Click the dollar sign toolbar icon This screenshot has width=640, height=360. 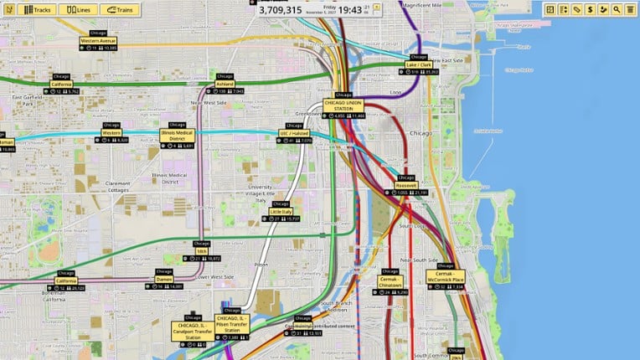(590, 9)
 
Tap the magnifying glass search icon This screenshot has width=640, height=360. (617, 9)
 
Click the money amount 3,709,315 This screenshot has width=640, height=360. (281, 10)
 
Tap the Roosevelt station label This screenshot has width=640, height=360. (405, 185)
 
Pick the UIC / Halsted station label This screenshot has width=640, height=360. (295, 132)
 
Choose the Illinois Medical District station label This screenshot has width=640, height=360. (176, 135)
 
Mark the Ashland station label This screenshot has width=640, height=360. (224, 84)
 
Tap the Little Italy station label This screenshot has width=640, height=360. (281, 212)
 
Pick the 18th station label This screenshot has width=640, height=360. (201, 251)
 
